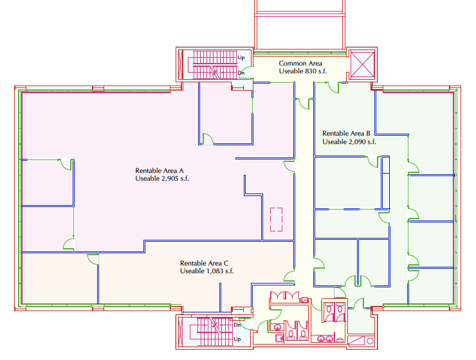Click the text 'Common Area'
pos(300,63)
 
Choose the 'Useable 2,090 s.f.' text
pos(349,141)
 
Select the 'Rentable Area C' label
pos(205,264)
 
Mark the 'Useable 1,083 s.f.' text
pos(207,271)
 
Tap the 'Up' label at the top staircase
pos(241,58)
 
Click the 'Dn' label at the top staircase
pos(241,73)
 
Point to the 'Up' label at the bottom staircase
pos(237,339)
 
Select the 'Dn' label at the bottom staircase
pos(237,325)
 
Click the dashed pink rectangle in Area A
pos(277,219)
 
